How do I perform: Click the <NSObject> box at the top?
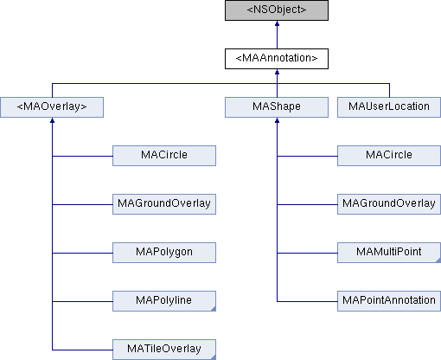click(277, 11)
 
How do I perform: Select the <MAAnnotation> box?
click(277, 59)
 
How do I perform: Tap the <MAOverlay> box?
click(52, 107)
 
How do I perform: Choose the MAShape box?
click(277, 107)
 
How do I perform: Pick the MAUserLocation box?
click(388, 107)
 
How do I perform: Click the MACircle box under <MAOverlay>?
click(164, 156)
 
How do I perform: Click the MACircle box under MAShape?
click(388, 156)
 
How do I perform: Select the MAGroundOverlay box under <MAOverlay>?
click(164, 204)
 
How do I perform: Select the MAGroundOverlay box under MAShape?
click(388, 204)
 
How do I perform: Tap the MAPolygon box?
click(164, 253)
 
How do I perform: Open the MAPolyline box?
click(164, 300)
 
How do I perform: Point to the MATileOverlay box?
click(164, 349)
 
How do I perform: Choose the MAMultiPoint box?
click(388, 253)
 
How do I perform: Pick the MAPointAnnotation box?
click(388, 300)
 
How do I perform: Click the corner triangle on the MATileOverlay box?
click(212, 356)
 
